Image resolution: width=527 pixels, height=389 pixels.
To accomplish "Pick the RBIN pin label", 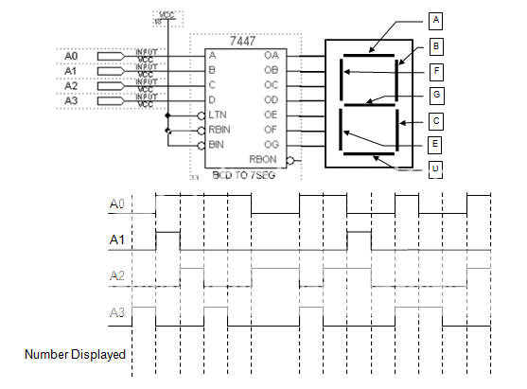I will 220,131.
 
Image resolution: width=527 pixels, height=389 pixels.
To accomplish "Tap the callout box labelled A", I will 435,19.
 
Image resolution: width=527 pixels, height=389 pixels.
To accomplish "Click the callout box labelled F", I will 436,69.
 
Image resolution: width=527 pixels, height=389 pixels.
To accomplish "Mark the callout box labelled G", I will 436,95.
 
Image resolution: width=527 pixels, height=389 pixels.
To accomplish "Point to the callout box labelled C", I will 436,120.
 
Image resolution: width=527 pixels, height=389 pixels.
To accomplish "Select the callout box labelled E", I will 436,145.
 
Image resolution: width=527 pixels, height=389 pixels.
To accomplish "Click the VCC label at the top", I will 167,15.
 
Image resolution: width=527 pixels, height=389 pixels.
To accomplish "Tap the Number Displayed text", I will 75,355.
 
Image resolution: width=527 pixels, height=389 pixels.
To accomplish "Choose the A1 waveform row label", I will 117,240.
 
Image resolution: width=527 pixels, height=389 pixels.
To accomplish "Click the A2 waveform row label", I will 117,275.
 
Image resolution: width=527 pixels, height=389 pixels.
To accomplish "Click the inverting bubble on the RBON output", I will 292,161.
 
